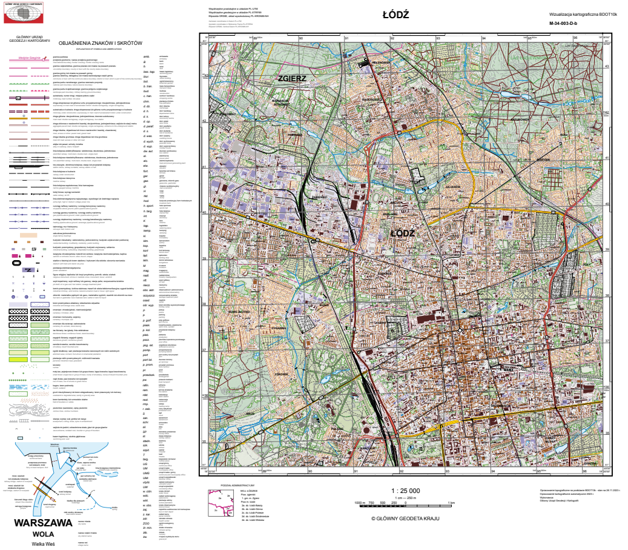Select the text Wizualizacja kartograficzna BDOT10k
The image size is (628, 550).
tap(582, 13)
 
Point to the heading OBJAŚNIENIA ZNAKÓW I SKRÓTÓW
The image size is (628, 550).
tap(100, 43)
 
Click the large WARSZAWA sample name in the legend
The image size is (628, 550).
tap(44, 522)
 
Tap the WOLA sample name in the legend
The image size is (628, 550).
tap(44, 534)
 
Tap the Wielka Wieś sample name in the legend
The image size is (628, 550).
tap(43, 544)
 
